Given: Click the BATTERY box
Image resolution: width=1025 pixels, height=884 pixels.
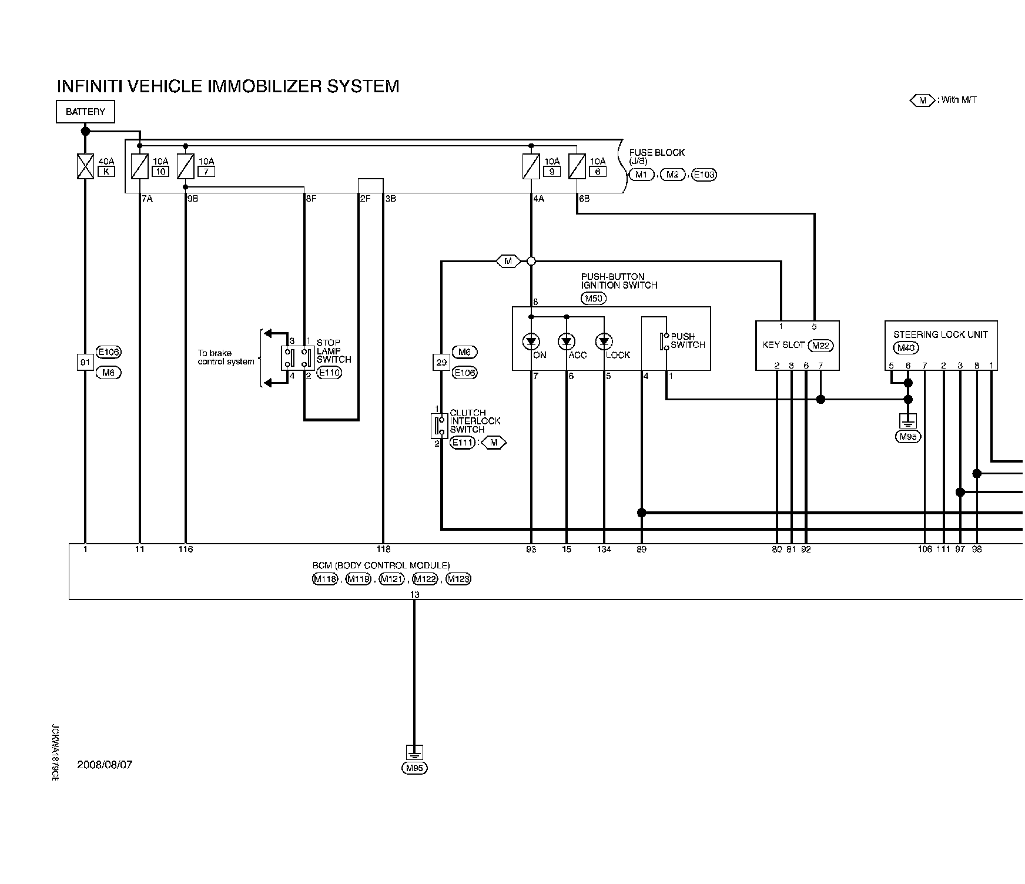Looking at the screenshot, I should pyautogui.click(x=85, y=112).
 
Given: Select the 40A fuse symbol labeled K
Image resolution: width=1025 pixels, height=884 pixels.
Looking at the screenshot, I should pyautogui.click(x=86, y=166).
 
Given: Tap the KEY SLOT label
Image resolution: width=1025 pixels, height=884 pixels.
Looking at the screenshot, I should pyautogui.click(x=783, y=345).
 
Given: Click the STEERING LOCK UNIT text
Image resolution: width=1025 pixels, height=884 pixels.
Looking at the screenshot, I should pyautogui.click(x=940, y=334).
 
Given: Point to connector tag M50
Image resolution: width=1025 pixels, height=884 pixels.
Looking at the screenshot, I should pyautogui.click(x=594, y=299).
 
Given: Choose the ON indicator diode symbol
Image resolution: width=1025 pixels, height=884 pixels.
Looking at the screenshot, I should pyautogui.click(x=531, y=341).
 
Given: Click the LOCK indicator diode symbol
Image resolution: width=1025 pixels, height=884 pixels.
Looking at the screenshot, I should pyautogui.click(x=604, y=341).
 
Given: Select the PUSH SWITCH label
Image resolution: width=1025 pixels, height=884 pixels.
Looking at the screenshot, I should pyautogui.click(x=687, y=341).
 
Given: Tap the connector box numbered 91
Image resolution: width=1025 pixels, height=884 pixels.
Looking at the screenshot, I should pyautogui.click(x=86, y=362).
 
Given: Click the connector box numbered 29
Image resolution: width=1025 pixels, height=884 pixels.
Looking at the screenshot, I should pyautogui.click(x=441, y=363).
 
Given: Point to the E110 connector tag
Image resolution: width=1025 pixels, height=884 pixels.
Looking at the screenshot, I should pyautogui.click(x=329, y=373).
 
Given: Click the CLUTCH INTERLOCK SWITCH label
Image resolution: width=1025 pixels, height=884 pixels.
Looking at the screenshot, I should pyautogui.click(x=475, y=421).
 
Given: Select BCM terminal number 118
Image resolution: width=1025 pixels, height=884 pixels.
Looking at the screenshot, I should pyautogui.click(x=383, y=550).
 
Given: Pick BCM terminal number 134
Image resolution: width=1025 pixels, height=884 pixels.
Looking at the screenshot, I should pyautogui.click(x=604, y=550).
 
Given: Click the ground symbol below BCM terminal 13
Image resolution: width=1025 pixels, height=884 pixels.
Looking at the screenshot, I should pyautogui.click(x=414, y=752).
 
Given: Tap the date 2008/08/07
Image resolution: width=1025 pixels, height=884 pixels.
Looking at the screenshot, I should pyautogui.click(x=105, y=765).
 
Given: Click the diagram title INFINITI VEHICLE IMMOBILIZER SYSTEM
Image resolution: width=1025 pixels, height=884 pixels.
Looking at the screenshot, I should pyautogui.click(x=228, y=86).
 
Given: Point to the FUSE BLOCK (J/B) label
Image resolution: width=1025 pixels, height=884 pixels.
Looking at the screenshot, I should pyautogui.click(x=656, y=156).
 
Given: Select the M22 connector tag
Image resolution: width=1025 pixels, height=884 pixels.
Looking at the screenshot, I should pyautogui.click(x=820, y=346).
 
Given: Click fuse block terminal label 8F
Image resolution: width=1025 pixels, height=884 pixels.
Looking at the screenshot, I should pyautogui.click(x=311, y=199).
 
